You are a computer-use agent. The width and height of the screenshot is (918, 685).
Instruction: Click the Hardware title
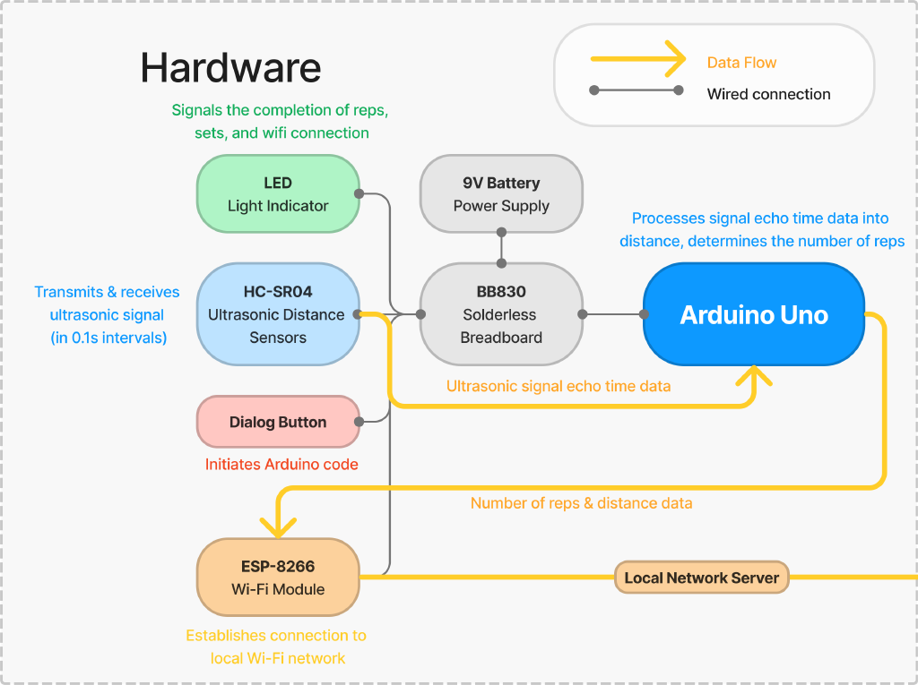point(230,68)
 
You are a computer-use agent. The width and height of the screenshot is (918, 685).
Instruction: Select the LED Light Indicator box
point(277,194)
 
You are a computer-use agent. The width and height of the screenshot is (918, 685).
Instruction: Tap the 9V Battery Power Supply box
point(501,194)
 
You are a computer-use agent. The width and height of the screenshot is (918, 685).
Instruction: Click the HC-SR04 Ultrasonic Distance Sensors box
point(277,314)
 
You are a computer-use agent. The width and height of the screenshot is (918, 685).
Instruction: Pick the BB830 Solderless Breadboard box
point(501,314)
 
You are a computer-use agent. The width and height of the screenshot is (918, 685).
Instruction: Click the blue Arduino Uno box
point(753,314)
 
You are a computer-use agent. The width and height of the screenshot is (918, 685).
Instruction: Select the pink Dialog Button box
point(277,422)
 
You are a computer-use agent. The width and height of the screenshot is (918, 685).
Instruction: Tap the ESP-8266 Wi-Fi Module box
point(277,578)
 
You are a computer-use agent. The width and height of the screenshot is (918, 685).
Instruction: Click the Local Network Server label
point(701,578)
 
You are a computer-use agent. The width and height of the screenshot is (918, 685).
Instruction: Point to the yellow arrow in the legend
point(637,61)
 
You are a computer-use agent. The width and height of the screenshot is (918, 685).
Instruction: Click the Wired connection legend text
point(768,94)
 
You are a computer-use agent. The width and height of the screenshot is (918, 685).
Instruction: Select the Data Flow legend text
point(741,63)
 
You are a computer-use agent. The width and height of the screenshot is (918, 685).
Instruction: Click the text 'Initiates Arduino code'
point(281,464)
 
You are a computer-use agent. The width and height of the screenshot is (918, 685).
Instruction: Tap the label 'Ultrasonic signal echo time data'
point(559,386)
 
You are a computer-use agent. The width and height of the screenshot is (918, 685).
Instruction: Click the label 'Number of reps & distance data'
point(581,503)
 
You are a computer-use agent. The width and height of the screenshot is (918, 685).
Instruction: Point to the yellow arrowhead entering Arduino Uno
point(754,375)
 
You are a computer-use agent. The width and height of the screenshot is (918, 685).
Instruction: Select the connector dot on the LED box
point(359,193)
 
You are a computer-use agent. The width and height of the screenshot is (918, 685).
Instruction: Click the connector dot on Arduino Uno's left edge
point(644,314)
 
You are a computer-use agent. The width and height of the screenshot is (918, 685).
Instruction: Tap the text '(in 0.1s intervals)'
point(108,338)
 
